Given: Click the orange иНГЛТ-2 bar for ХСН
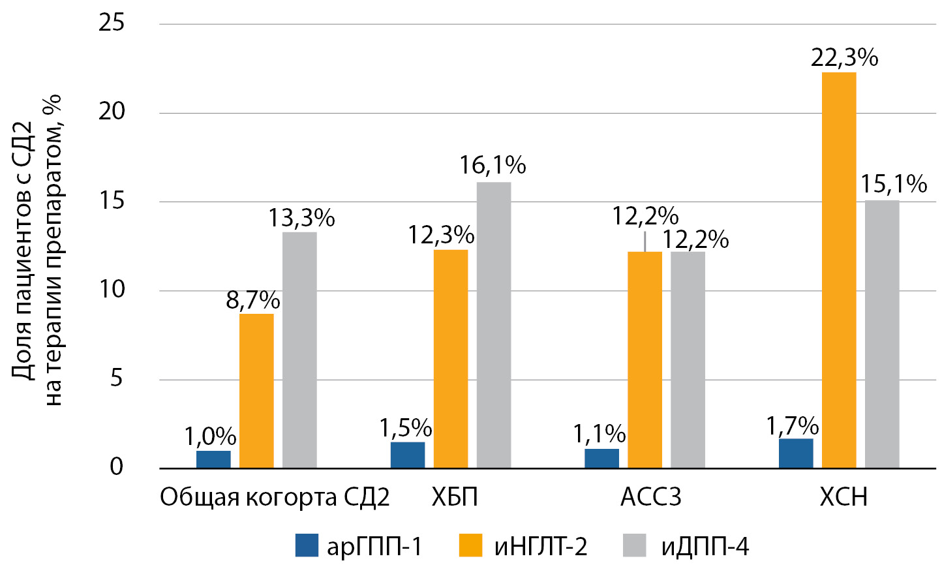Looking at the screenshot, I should (x=838, y=270).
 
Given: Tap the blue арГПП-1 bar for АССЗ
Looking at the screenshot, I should (x=601, y=459).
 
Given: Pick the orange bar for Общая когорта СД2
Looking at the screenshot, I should (x=256, y=391).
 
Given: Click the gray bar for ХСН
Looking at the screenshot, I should (x=882, y=334).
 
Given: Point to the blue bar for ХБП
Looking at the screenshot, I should (x=408, y=455).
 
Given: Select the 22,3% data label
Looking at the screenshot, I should (x=844, y=58).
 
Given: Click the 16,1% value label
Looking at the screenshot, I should (x=492, y=166).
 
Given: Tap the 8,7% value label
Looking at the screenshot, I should (x=253, y=300).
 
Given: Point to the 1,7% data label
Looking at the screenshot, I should (x=793, y=426).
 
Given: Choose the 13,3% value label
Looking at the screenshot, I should (x=301, y=219).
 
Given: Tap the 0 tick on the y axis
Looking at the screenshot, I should (x=117, y=468).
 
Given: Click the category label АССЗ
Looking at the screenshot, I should (x=650, y=498).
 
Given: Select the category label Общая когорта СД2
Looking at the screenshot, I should (x=275, y=498).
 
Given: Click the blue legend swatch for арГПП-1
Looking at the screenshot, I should (x=307, y=545).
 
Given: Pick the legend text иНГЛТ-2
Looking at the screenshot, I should (x=540, y=546).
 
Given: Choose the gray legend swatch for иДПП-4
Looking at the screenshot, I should (x=634, y=545).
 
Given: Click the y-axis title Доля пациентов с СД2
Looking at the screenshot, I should (x=23, y=248).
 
